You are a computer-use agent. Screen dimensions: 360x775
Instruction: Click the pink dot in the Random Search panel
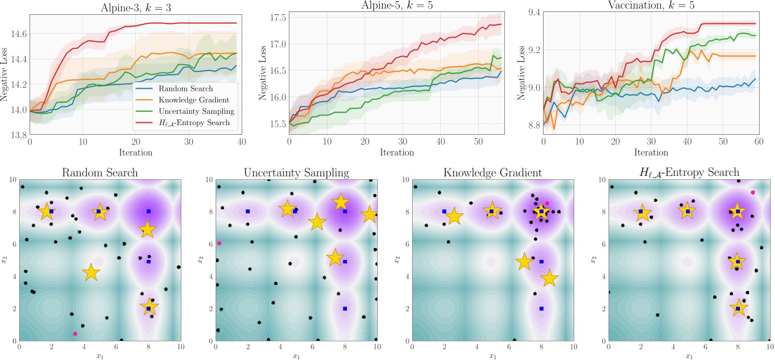pyautogui.click(x=74, y=334)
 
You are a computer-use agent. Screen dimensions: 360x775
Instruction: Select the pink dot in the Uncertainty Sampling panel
pyautogui.click(x=219, y=243)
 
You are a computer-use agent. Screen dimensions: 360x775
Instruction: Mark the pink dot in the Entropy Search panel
pyautogui.click(x=753, y=193)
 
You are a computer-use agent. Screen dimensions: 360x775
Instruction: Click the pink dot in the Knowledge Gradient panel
pyautogui.click(x=547, y=203)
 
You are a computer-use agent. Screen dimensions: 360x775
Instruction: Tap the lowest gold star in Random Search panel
pyautogui.click(x=149, y=307)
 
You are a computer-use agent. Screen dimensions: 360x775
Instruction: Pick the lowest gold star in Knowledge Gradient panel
pyautogui.click(x=549, y=278)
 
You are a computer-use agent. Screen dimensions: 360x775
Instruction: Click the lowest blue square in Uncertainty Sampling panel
pyautogui.click(x=345, y=309)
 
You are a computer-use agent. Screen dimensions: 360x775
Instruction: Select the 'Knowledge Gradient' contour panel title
pyautogui.click(x=492, y=172)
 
